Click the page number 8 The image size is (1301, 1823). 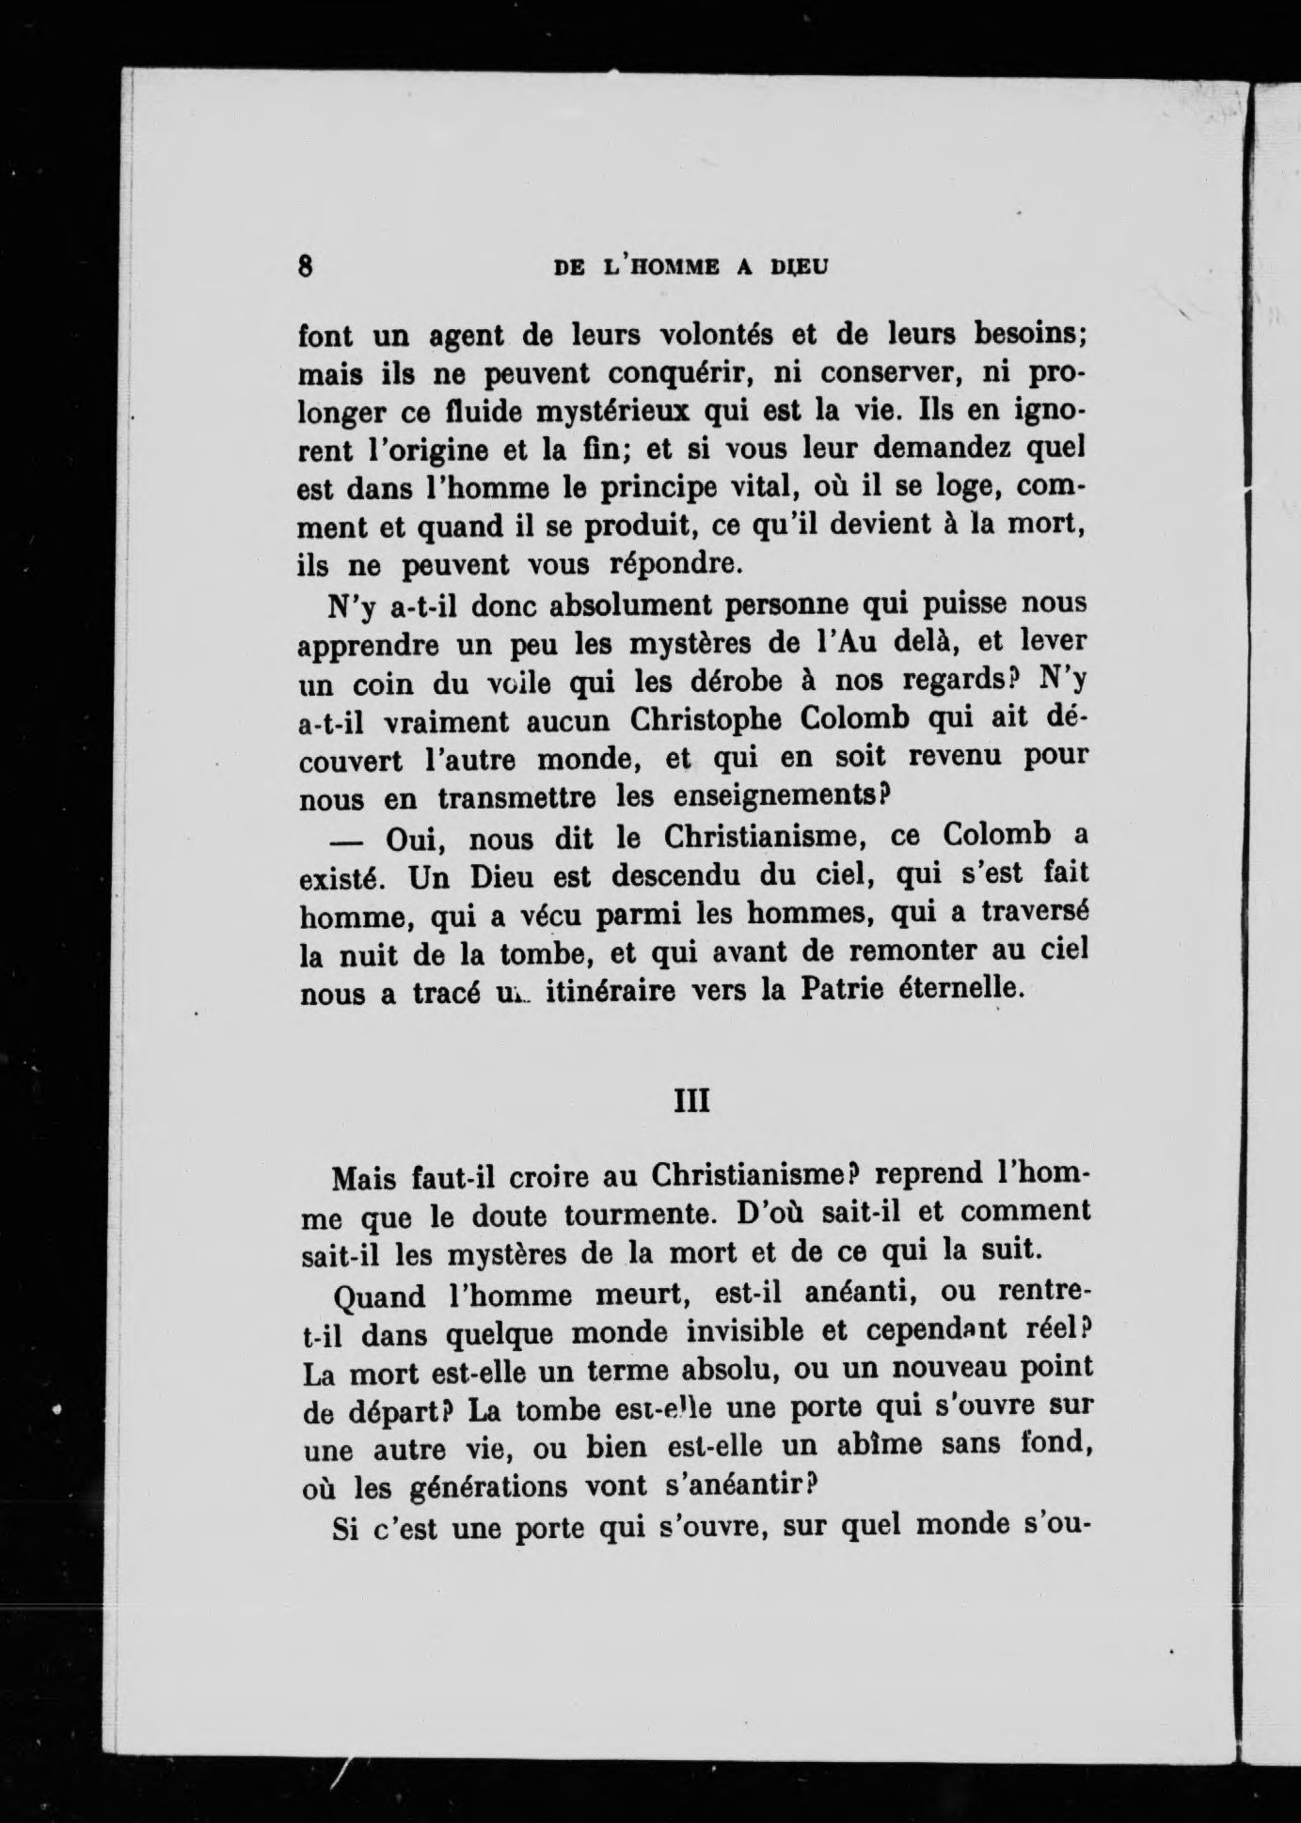[x=305, y=266]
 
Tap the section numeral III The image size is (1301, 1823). [x=692, y=1099]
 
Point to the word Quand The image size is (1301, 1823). [x=380, y=1296]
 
